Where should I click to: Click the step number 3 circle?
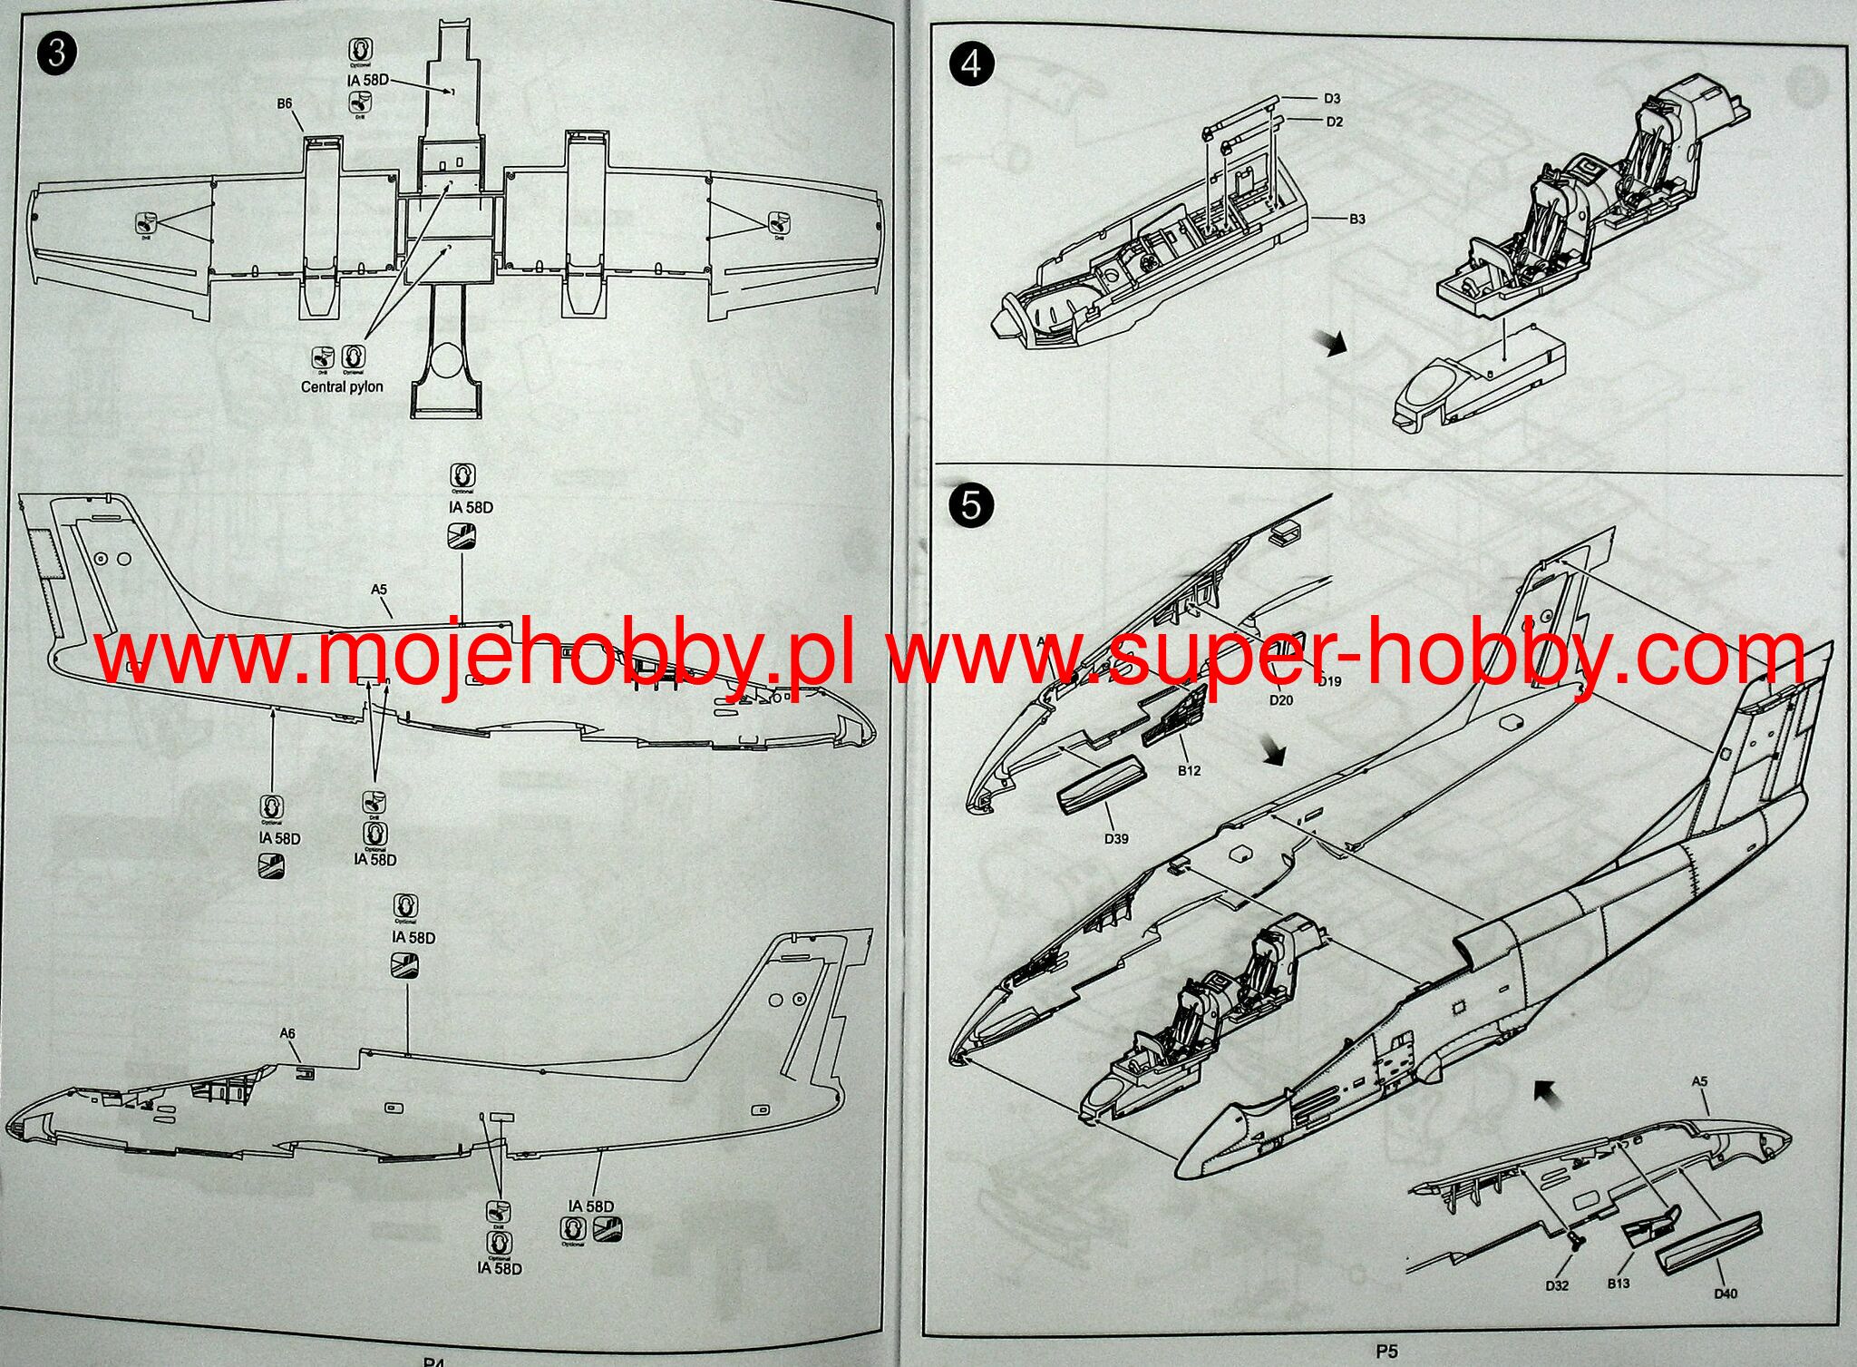[x=56, y=54]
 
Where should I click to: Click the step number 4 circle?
[x=971, y=65]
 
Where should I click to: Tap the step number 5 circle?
[x=971, y=505]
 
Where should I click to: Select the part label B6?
[x=285, y=103]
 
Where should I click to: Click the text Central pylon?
[x=342, y=386]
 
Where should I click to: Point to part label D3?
[x=1332, y=98]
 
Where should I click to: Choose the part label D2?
[x=1334, y=122]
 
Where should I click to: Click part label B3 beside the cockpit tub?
[x=1356, y=219]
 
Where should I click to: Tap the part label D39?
[x=1116, y=839]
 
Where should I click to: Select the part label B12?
[x=1189, y=771]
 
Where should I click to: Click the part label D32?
[x=1557, y=1285]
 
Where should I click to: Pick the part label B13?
[x=1619, y=1284]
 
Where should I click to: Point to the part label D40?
[x=1726, y=1294]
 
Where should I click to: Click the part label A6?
[x=287, y=1033]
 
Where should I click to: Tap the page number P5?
[x=1385, y=1352]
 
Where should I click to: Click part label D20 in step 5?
[x=1281, y=700]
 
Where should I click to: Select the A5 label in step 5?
[x=1699, y=1081]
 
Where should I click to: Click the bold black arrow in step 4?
[x=1333, y=343]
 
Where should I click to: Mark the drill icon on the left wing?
[x=146, y=222]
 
